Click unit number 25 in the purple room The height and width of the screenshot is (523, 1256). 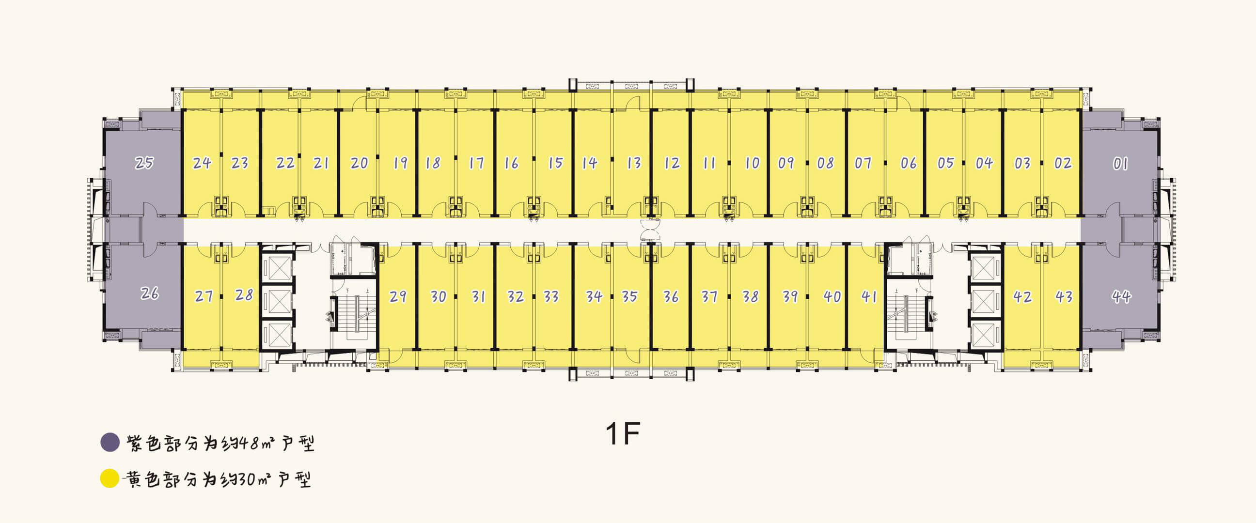144,162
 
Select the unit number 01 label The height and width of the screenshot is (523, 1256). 1120,163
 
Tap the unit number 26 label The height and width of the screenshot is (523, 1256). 150,293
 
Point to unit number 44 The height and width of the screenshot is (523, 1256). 1121,296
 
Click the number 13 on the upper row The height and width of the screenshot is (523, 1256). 634,163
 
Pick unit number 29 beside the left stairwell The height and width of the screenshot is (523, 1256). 398,296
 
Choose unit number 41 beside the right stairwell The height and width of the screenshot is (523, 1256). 869,296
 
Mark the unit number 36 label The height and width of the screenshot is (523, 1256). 671,296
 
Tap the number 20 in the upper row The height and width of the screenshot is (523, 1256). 360,163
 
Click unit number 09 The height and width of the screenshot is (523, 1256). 786,163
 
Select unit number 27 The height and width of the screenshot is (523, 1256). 204,296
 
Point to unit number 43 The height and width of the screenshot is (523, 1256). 1064,296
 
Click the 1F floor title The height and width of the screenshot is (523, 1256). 623,433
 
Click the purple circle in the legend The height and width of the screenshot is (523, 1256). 110,442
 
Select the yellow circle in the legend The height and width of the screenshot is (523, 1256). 110,478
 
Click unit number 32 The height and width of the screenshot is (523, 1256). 516,296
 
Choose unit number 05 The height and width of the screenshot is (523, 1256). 945,163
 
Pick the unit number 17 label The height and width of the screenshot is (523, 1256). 476,163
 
